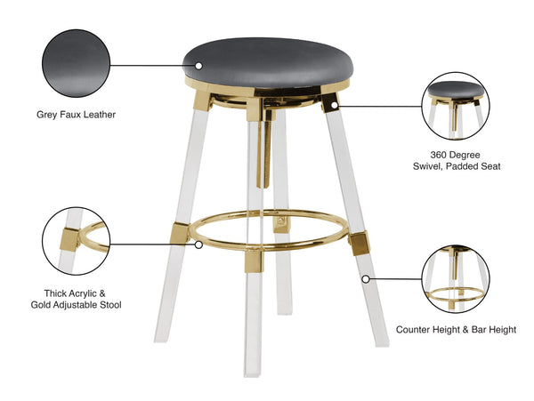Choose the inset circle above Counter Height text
455,278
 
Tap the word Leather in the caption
97,115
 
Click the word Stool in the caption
108,305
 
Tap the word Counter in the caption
415,329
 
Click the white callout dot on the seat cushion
198,65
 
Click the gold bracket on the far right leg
360,242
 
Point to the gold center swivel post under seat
264,142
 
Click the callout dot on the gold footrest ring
198,242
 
